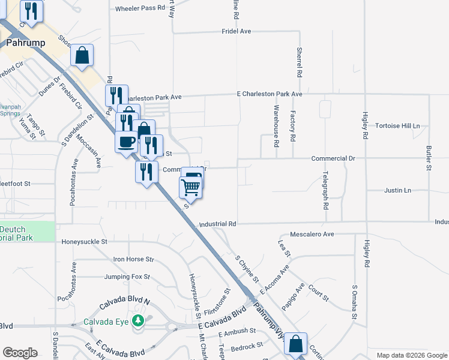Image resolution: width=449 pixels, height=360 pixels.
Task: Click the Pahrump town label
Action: (22, 43)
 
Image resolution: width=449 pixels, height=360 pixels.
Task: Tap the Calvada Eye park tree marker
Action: (139, 321)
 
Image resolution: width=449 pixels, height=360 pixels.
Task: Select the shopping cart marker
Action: (190, 187)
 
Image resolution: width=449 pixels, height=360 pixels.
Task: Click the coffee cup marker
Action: (126, 142)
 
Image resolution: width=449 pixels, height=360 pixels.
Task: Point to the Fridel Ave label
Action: (237, 31)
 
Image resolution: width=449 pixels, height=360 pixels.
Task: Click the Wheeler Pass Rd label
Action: (140, 8)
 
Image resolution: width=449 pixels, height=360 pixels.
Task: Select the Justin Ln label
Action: (397, 191)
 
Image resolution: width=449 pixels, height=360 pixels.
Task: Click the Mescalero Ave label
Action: (312, 234)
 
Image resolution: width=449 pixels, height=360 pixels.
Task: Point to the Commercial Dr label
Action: (334, 158)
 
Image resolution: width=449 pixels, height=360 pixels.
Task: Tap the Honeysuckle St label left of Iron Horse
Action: (84, 242)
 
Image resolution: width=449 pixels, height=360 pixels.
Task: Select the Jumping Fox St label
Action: (127, 277)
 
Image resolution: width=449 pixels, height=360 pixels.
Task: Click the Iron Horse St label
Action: (134, 259)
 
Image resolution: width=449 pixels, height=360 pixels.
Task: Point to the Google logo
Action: (20, 353)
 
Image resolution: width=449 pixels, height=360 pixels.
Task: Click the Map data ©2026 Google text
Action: (412, 355)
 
